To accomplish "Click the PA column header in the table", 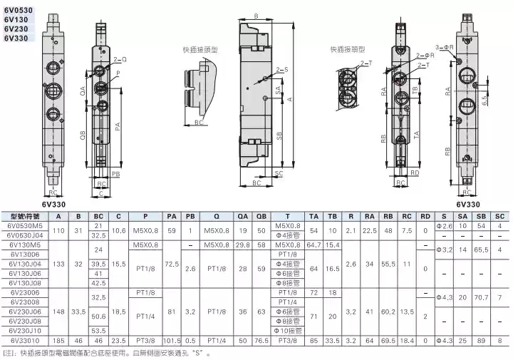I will (172, 216).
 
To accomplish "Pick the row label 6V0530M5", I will (25, 225).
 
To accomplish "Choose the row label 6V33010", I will (25, 340).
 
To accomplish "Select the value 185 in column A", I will (58, 340).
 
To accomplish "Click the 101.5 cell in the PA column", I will (172, 340).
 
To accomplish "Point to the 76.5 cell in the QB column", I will (261, 340).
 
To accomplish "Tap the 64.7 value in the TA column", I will (314, 245).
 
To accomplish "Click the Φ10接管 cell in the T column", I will (287, 331).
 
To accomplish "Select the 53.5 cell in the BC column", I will (99, 331).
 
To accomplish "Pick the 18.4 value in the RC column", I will (407, 340).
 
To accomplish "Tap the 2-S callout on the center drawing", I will (281, 69).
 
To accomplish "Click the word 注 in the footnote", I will (9, 352).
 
